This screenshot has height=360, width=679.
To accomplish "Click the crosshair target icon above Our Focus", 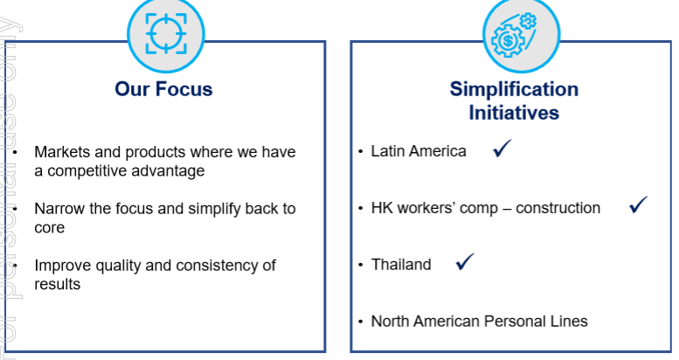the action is coord(166,33).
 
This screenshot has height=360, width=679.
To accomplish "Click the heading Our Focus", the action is coord(163,89).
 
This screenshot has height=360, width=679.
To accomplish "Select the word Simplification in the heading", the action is coord(514,89).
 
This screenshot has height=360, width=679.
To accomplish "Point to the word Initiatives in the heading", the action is coord(514,113).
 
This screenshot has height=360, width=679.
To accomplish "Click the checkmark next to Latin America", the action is coord(502,149).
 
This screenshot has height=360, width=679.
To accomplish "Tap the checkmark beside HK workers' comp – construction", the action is coord(638,204).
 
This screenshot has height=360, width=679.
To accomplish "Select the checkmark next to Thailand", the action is coord(465,261).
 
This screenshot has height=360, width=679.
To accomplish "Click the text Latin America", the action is coord(419,151).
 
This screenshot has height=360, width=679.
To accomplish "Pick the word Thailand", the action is coord(401,264).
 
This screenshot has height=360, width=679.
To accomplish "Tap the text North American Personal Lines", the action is coord(480,321).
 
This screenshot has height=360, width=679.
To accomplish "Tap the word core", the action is coord(49,228).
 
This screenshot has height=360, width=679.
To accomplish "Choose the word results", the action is coord(57,284).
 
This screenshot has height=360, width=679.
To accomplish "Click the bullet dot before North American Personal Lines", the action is coord(360,322).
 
